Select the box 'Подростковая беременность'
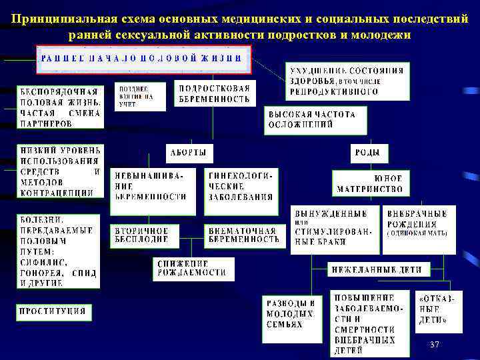[x=215, y=94]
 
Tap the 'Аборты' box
[x=188, y=153]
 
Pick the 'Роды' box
[x=367, y=153]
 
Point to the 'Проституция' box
[x=53, y=311]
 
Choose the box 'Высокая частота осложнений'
[x=312, y=119]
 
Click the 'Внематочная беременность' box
[x=242, y=235]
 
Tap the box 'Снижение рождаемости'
[x=183, y=269]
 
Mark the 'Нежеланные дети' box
[x=377, y=270]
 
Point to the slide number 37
[x=435, y=344]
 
